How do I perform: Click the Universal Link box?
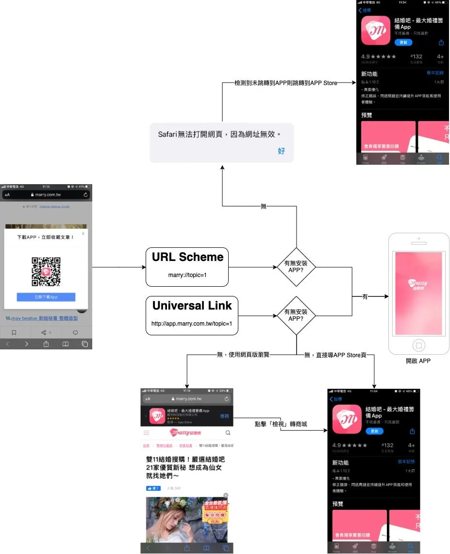(192, 315)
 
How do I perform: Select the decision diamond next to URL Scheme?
(296, 267)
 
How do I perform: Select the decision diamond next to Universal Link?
(296, 315)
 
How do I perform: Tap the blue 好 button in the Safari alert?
(282, 151)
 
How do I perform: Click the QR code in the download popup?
(46, 272)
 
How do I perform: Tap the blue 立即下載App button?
(46, 297)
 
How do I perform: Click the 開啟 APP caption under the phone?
(418, 361)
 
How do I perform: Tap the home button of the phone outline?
(418, 345)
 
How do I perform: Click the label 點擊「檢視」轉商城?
(281, 424)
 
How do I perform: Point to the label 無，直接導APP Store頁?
(335, 355)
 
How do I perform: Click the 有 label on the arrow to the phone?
(365, 296)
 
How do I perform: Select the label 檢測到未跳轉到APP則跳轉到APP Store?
(285, 83)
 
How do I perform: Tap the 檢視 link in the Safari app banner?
(224, 416)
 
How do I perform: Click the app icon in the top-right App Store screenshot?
(376, 30)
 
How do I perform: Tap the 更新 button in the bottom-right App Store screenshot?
(374, 431)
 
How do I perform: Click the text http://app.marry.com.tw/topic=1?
(192, 324)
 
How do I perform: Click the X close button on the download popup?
(83, 233)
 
